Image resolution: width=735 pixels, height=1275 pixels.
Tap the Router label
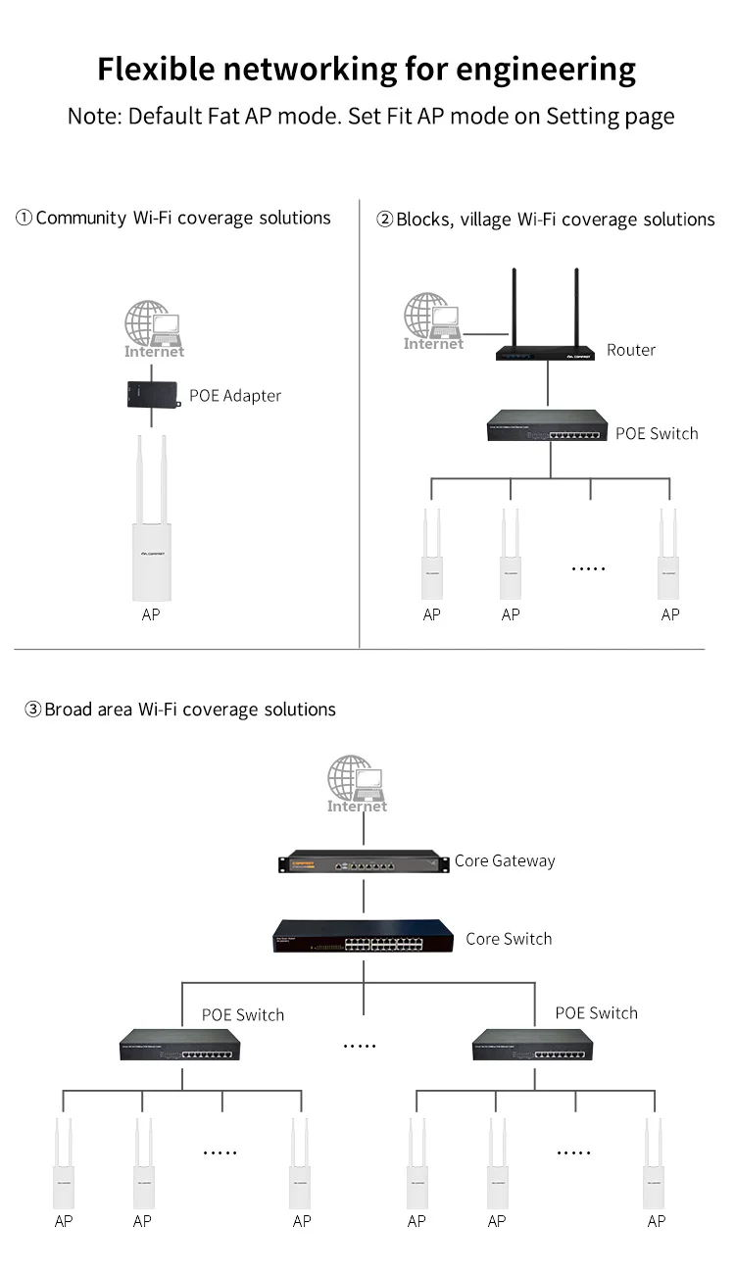tap(630, 350)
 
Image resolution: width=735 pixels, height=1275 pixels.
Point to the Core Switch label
tap(509, 939)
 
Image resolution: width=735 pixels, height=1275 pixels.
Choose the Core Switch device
tap(363, 938)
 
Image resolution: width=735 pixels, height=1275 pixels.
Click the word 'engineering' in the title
tap(546, 70)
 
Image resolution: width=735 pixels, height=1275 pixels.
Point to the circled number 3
tap(32, 710)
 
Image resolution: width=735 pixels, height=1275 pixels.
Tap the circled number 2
tap(384, 220)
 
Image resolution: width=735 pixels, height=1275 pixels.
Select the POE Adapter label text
tap(235, 396)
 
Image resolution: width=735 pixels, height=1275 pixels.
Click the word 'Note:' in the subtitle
tap(94, 116)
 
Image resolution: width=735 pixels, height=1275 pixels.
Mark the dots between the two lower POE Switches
tap(360, 1046)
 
